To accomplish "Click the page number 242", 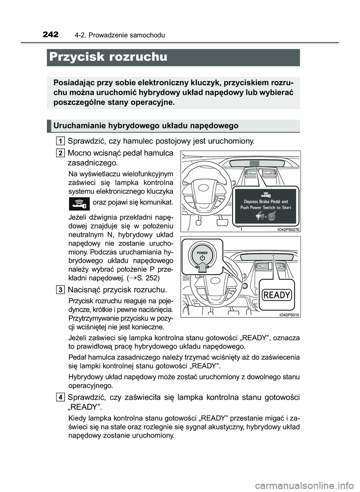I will pyautogui.click(x=51, y=35).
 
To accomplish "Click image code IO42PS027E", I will pyautogui.click(x=288, y=229).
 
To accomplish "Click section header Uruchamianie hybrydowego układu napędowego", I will pyautogui.click(x=146, y=126).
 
